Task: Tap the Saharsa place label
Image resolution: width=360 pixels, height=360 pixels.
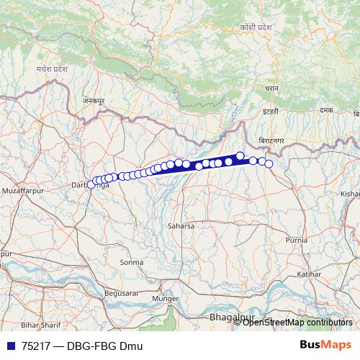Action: [x=181, y=225]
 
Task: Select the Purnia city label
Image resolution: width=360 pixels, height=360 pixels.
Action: [x=297, y=239]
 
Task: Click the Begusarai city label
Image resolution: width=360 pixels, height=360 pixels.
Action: [x=100, y=294]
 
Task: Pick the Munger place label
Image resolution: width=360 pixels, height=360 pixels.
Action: [x=165, y=298]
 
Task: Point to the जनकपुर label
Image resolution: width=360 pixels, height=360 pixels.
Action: [x=93, y=102]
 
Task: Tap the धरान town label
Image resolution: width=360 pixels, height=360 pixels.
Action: [x=271, y=87]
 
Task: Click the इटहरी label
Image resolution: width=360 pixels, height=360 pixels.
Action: [x=270, y=112]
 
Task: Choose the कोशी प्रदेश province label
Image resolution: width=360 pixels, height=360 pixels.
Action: [x=257, y=26]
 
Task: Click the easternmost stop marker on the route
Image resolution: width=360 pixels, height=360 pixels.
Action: [x=269, y=164]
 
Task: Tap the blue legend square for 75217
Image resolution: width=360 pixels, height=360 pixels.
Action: [x=9, y=346]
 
